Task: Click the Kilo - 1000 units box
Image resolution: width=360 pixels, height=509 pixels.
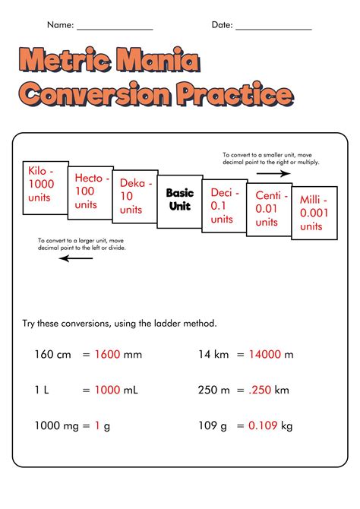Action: pyautogui.click(x=45, y=184)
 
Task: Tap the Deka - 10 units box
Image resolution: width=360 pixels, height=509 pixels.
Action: pyautogui.click(x=134, y=197)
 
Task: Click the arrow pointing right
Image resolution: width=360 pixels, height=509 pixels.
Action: pyautogui.click(x=273, y=173)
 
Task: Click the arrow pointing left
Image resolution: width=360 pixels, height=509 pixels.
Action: pyautogui.click(x=76, y=258)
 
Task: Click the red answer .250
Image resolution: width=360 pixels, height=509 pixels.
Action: pyautogui.click(x=261, y=390)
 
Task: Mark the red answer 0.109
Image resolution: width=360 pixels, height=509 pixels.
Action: pyautogui.click(x=262, y=426)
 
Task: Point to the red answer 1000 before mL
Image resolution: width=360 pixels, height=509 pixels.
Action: pyautogui.click(x=107, y=390)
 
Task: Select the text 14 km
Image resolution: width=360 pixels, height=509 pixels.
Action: pyautogui.click(x=214, y=353)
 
